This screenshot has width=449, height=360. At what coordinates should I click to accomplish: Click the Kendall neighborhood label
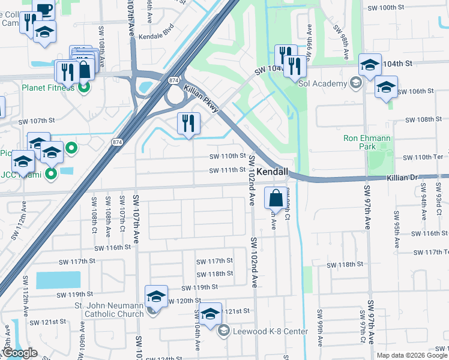(x=273, y=172)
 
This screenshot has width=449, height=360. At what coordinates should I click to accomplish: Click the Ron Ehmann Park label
(x=367, y=142)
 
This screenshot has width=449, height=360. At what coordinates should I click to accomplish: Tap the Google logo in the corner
(x=19, y=353)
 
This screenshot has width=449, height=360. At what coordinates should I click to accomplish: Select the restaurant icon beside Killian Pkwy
(x=188, y=123)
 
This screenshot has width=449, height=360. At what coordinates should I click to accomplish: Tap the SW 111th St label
(x=228, y=171)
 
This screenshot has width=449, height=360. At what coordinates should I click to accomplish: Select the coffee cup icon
(x=43, y=9)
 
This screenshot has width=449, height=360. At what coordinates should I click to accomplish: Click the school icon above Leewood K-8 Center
(x=210, y=314)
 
